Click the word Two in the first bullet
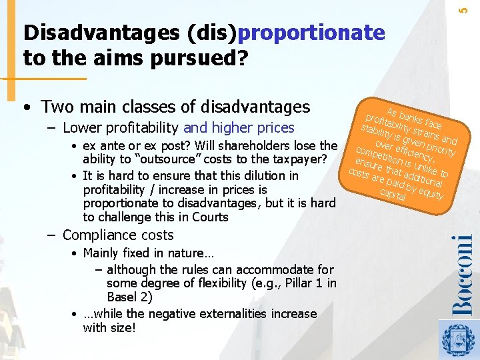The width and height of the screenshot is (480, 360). pyautogui.click(x=57, y=107)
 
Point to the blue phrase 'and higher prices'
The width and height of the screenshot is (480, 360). pyautogui.click(x=239, y=128)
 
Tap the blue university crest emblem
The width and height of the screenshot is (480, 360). pyautogui.click(x=460, y=339)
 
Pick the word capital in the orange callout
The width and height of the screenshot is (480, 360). pyautogui.click(x=393, y=195)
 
